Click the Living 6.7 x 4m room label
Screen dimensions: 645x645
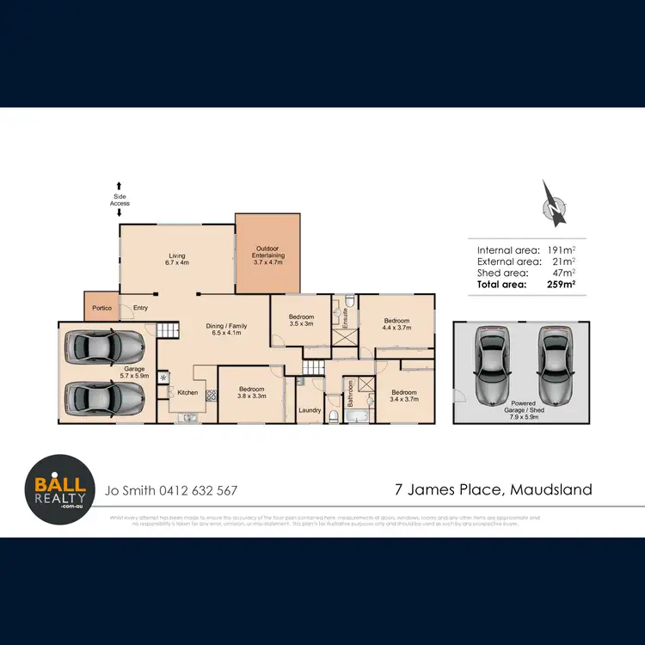(177, 259)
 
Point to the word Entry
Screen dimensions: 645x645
(139, 307)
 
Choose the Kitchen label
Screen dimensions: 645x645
(187, 393)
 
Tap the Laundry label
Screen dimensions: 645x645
(310, 410)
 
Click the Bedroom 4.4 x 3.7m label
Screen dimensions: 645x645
(396, 324)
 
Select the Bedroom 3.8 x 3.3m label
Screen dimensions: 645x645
(251, 393)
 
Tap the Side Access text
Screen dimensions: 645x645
(120, 199)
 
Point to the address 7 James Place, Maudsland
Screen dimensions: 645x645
(493, 490)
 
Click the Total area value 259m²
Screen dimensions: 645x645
(559, 283)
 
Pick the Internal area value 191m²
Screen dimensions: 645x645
(559, 249)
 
